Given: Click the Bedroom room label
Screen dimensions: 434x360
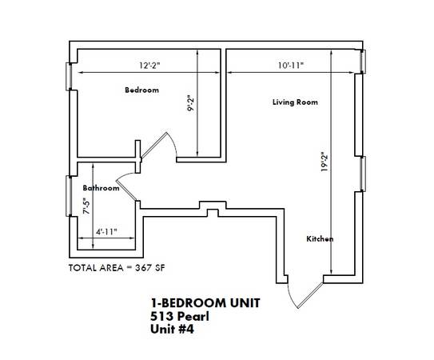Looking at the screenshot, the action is [x=141, y=90].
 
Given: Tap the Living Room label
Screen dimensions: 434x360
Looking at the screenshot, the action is [x=295, y=102].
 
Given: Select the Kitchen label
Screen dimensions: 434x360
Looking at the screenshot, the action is [x=320, y=238].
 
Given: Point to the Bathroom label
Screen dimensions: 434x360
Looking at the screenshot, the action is [x=101, y=188].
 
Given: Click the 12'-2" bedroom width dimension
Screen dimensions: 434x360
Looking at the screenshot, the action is [x=149, y=66].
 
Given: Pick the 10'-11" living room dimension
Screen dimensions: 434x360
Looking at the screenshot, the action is [x=291, y=66].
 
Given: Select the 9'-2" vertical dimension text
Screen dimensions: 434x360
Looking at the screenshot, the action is [x=191, y=103].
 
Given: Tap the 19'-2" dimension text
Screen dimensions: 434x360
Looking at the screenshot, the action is [x=325, y=162].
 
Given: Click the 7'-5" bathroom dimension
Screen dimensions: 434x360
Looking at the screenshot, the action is [x=86, y=206].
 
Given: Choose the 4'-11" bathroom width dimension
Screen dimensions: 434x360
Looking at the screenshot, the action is [x=106, y=232].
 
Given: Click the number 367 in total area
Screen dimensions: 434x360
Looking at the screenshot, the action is [x=143, y=268].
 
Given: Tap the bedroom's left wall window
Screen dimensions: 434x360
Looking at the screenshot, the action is [x=69, y=77].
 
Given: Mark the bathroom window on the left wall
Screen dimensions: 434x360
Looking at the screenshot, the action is [x=69, y=196].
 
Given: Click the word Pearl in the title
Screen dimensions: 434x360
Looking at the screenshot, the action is [x=193, y=316].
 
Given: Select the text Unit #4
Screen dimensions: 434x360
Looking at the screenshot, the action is [x=172, y=329].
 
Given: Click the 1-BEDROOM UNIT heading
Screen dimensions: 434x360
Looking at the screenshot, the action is [x=205, y=303].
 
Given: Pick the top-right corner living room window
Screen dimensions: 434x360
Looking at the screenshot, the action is [x=363, y=62].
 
